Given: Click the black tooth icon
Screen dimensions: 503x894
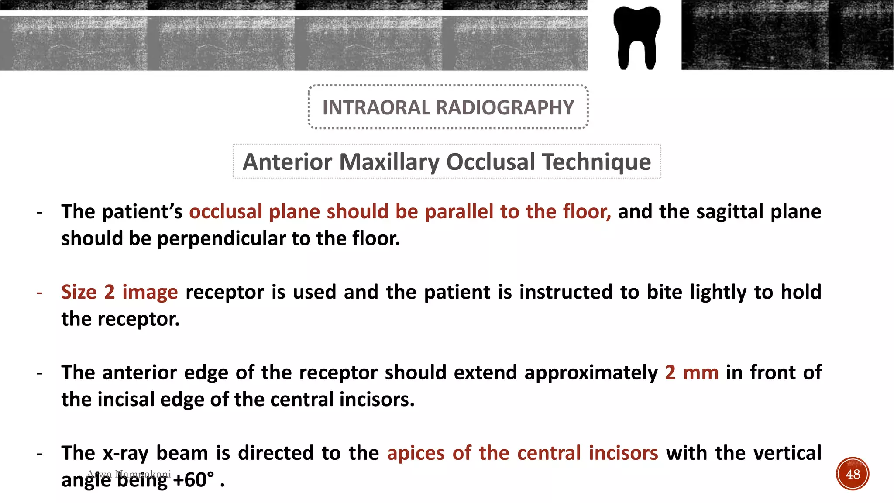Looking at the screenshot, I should pos(636,37).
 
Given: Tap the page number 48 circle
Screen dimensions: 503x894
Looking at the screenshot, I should pos(853,474).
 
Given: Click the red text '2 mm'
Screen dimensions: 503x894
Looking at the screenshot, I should pos(691,372).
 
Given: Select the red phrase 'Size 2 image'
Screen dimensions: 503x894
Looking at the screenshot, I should pos(119,292).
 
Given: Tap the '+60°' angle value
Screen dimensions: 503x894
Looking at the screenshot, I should pos(193,480).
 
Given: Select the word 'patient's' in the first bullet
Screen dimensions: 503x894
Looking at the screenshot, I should pos(142,212).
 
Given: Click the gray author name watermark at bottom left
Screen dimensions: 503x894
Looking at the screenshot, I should pos(129,474).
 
